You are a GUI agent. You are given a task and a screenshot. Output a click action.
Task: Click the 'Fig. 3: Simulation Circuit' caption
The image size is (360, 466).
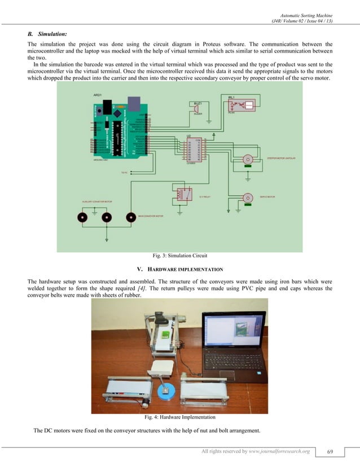(x=180, y=256)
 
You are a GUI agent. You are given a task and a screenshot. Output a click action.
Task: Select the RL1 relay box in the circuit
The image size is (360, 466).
(x=240, y=105)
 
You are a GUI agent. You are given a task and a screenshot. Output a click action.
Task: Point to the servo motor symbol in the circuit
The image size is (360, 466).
(x=247, y=198)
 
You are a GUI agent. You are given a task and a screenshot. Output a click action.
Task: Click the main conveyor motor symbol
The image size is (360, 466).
(x=131, y=217)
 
